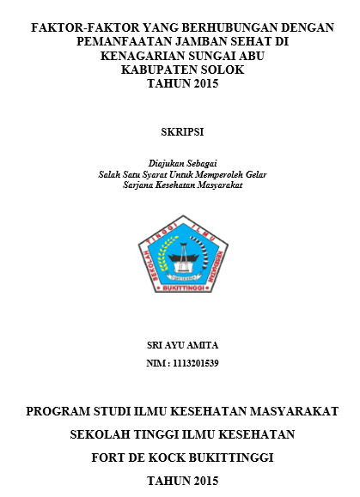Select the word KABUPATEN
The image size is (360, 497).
(x=157, y=70)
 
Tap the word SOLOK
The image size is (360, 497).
(x=220, y=70)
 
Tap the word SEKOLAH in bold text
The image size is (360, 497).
(x=101, y=435)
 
